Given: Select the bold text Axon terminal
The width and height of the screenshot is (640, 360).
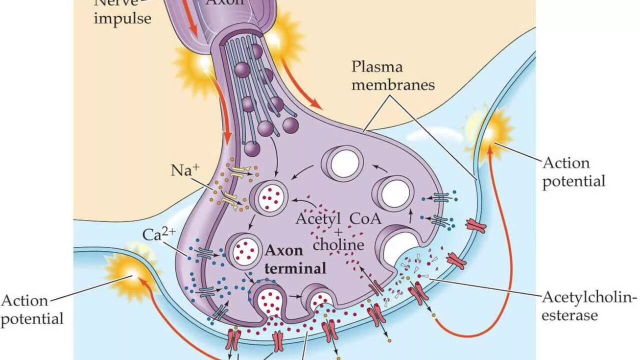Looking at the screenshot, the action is (295, 259).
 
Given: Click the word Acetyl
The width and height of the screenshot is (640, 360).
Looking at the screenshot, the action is (318, 218).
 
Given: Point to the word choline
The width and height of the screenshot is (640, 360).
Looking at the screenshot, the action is (338, 244).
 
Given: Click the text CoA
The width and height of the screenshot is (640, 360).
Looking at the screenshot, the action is (365, 218).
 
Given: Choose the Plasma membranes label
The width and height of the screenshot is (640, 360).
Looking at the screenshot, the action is (392, 75).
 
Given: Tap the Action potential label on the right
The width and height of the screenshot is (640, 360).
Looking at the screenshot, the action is (573, 171).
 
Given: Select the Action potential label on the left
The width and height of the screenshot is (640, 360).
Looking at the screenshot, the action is (31, 309).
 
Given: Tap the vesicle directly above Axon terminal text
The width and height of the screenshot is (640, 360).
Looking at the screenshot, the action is (244, 247).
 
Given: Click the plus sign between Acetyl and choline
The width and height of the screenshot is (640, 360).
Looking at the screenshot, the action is (338, 232).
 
